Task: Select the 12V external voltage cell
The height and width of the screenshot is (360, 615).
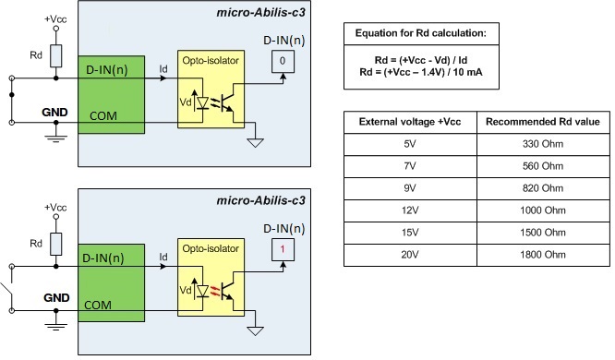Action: [409, 209]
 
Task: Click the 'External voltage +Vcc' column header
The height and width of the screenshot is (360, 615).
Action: [409, 122]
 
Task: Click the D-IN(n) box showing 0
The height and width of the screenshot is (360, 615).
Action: [283, 61]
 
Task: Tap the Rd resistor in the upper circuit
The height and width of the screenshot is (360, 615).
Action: [56, 55]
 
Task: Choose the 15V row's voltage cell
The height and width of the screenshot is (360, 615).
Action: [409, 231]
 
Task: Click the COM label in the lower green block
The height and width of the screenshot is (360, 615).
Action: [100, 305]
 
